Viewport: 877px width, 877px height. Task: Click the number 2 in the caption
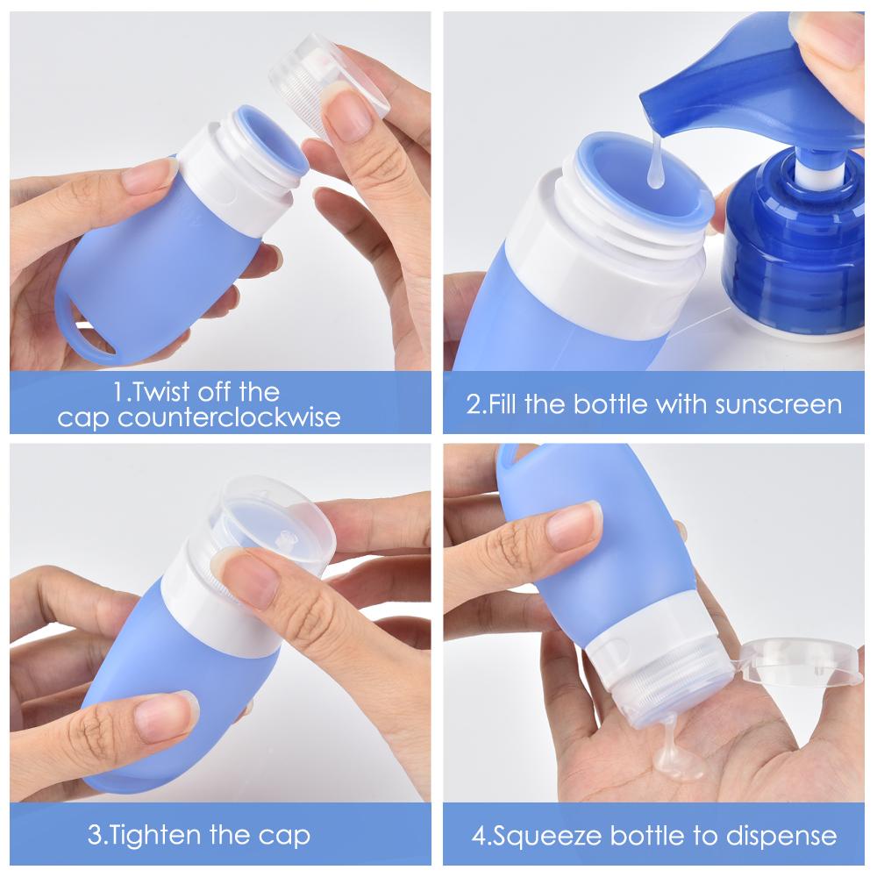473,404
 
